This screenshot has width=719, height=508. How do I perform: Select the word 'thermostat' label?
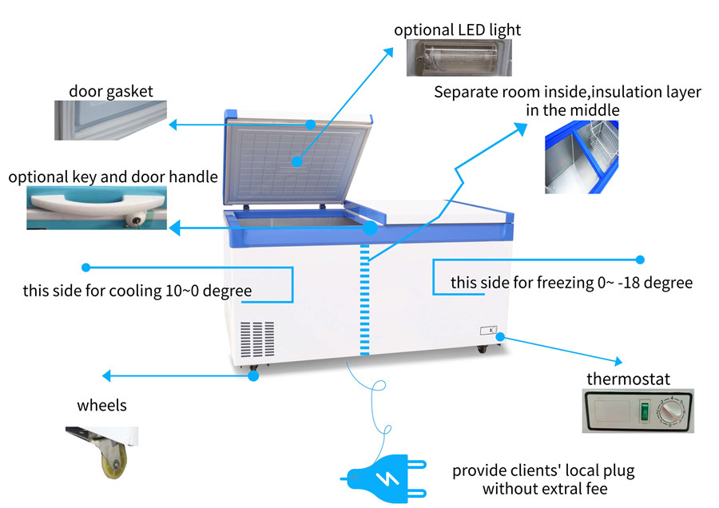click(628, 379)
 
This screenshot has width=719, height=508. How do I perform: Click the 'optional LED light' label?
click(457, 30)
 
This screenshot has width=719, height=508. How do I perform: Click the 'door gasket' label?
click(110, 91)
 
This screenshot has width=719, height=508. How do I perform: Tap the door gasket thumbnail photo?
click(110, 121)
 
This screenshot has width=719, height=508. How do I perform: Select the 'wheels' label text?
click(101, 406)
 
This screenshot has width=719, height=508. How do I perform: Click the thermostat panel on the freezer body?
click(489, 331)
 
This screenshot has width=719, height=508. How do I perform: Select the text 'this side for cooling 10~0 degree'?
click(137, 291)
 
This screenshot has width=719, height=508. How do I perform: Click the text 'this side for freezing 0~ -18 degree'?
click(571, 283)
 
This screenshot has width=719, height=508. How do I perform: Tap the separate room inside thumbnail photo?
click(582, 156)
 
